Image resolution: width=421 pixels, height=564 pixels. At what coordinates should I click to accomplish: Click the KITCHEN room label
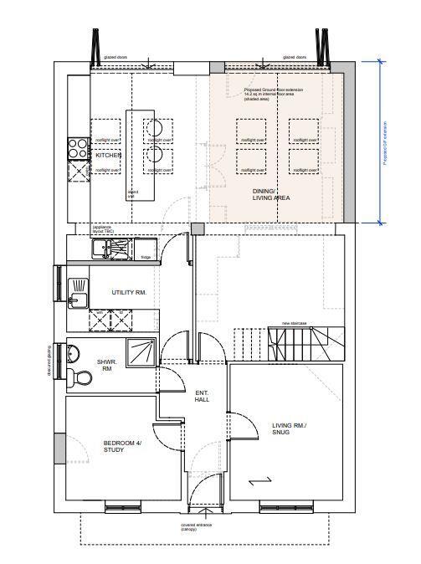coord(109,156)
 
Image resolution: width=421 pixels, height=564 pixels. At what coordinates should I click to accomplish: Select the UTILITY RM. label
coord(130,293)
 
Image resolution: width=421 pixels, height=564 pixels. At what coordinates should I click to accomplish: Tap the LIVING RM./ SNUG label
coord(290,429)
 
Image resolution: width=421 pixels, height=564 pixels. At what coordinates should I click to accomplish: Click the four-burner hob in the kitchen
coord(78,147)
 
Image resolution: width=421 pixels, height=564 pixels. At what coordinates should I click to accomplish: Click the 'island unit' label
coord(132,194)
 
